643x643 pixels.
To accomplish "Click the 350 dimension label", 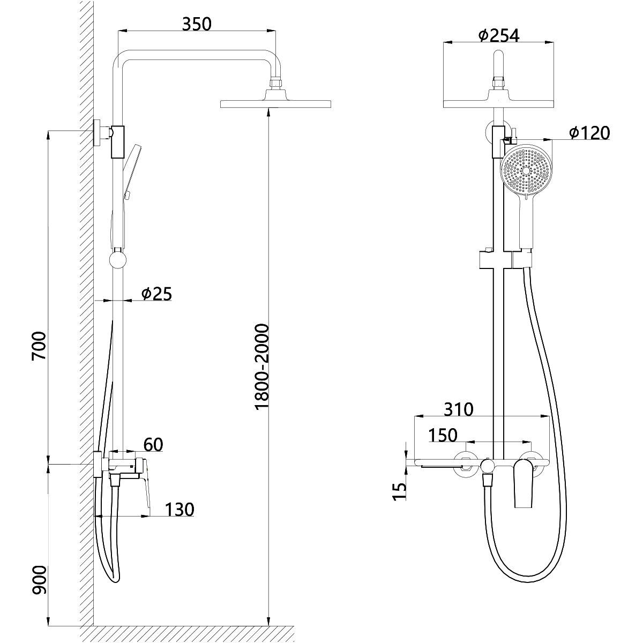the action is click(197, 24).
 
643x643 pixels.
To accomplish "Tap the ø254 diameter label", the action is click(498, 36).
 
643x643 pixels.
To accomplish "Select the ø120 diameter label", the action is click(589, 133).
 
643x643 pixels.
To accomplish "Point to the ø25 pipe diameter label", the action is click(156, 294).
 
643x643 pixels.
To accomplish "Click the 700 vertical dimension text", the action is click(39, 346).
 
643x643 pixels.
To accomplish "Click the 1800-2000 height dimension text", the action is click(261, 367).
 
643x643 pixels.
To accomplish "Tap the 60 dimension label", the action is click(153, 444).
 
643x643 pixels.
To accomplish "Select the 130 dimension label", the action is click(180, 510).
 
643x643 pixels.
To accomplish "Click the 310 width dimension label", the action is click(459, 409).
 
